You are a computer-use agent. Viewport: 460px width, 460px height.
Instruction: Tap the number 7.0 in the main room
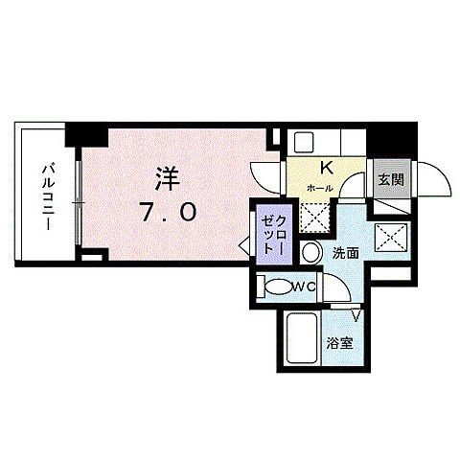pos(170,213)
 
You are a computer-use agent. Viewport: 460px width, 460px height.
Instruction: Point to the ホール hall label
pos(320,189)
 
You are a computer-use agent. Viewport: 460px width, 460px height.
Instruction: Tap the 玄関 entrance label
pos(387,178)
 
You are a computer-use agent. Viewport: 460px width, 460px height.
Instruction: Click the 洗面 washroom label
pos(345,254)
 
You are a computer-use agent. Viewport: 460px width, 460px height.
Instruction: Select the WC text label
pos(306,286)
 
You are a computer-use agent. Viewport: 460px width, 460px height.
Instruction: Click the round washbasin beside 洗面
pos(311,254)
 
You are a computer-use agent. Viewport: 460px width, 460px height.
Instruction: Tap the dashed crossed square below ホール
pos(315,218)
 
